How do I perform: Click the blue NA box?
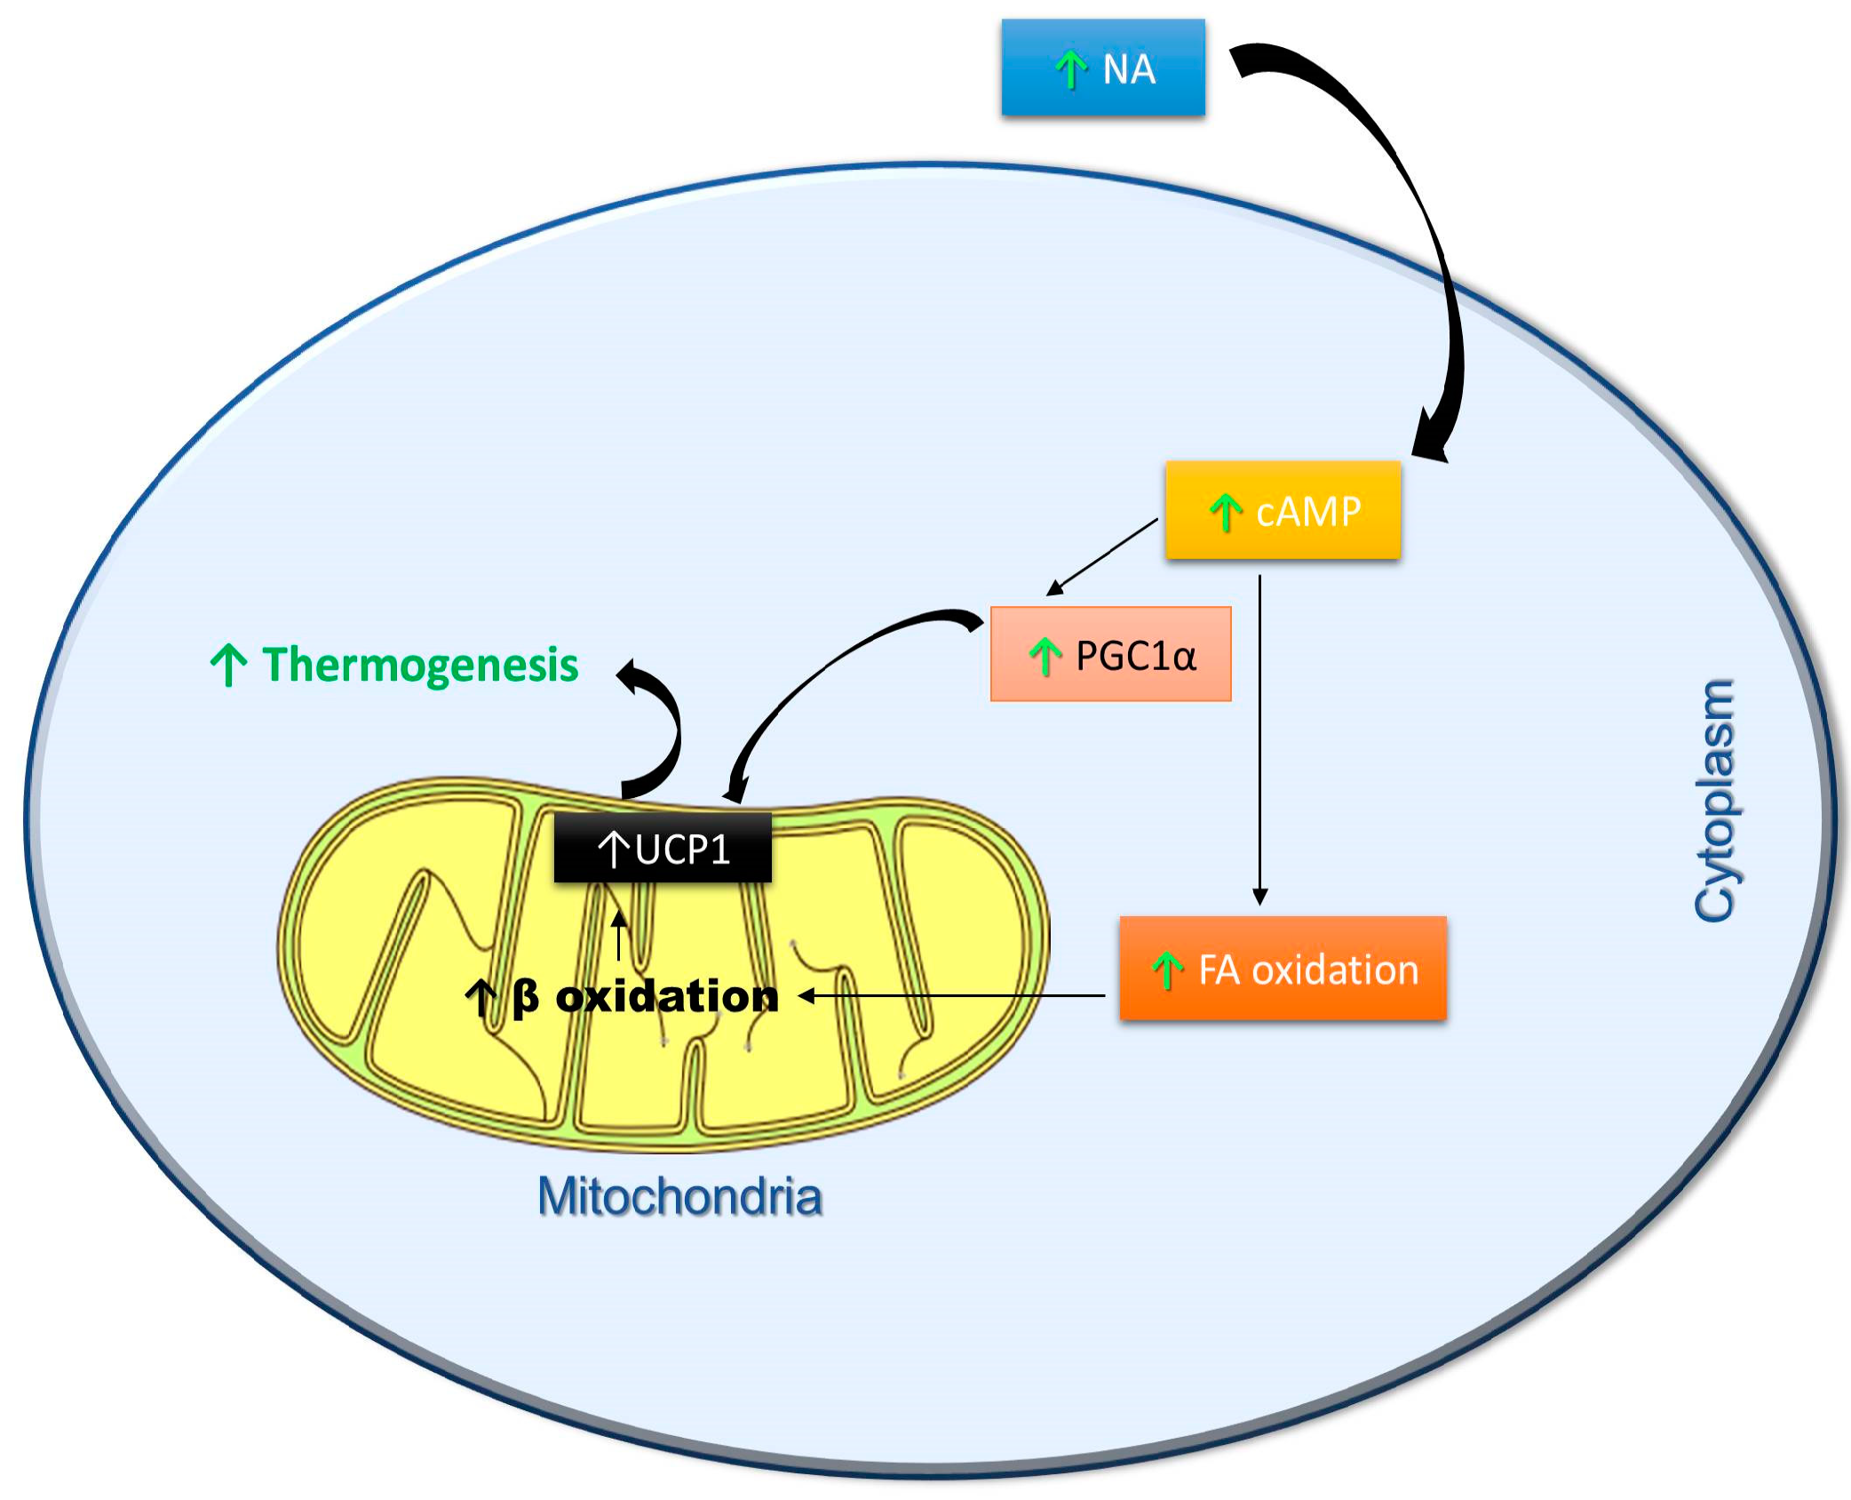pos(1103,68)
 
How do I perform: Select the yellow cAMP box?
pos(1283,510)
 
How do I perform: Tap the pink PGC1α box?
pos(1110,655)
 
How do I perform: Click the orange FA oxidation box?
pos(1283,968)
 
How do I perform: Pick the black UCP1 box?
pos(663,849)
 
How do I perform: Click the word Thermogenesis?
pos(419,665)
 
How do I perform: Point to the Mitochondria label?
pos(679,1196)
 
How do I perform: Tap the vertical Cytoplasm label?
pos(1714,802)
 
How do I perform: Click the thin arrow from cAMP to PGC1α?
pos(1104,555)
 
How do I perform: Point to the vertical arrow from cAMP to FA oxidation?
pos(1259,738)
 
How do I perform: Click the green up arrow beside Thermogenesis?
pos(228,665)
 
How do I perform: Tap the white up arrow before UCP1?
pos(614,849)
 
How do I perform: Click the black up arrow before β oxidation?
pos(481,997)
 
